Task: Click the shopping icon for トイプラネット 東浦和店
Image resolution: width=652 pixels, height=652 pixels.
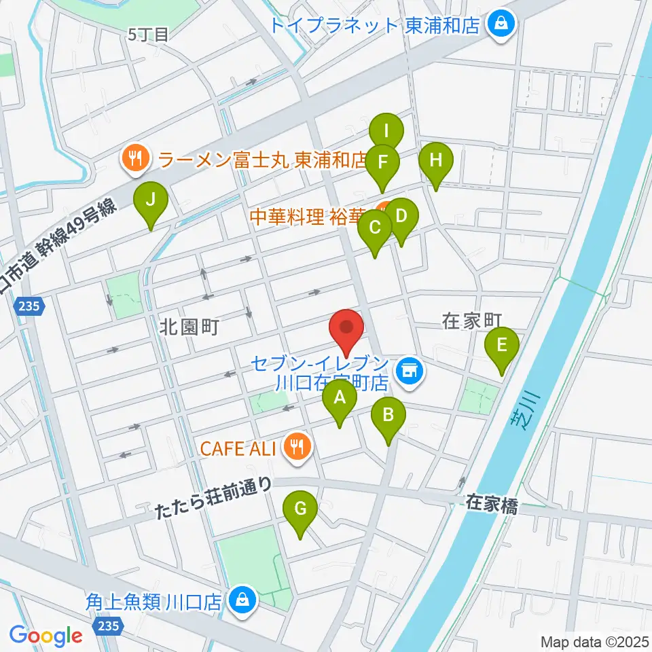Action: (x=503, y=25)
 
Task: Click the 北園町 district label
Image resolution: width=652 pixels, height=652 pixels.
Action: (x=188, y=328)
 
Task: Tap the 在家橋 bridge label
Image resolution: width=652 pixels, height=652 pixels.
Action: (x=492, y=503)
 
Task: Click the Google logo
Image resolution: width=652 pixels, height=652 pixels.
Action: (x=46, y=635)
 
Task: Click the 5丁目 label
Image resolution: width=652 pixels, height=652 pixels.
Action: (x=147, y=35)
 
